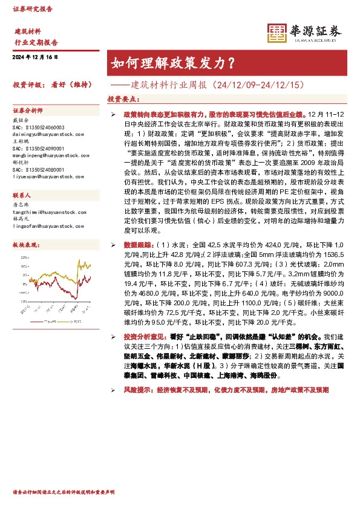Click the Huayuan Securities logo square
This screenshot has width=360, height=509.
(278, 34)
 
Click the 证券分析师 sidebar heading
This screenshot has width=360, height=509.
(28, 111)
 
